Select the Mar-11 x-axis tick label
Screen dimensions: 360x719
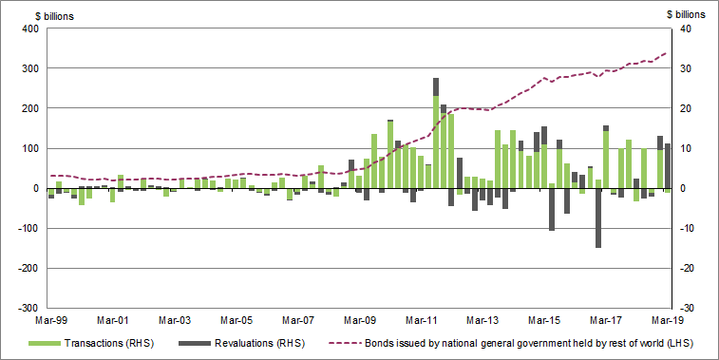click(x=421, y=320)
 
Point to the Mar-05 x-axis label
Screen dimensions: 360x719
click(x=236, y=320)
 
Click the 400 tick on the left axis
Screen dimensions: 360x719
click(x=28, y=28)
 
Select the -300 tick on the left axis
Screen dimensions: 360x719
click(x=27, y=309)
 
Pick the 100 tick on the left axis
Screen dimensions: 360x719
click(x=28, y=149)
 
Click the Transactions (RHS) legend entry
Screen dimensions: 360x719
click(x=110, y=342)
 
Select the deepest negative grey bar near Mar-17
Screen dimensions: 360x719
click(x=598, y=218)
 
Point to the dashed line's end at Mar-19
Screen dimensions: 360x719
click(x=667, y=53)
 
